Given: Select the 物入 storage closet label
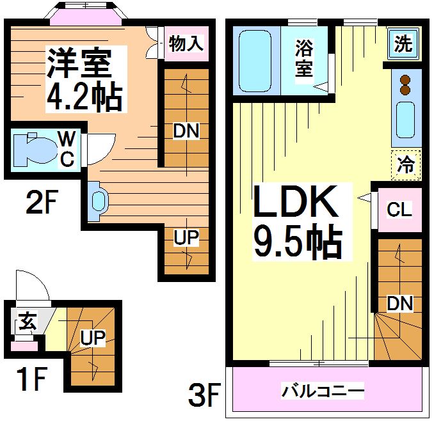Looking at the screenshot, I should [x=186, y=43].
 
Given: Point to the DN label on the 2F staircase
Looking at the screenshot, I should [x=186, y=131].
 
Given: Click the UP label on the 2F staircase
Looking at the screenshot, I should [x=186, y=237].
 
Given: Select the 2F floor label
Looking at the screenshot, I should [x=42, y=205].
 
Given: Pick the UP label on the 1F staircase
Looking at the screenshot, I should [x=92, y=338].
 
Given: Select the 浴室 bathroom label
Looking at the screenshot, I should [x=304, y=58].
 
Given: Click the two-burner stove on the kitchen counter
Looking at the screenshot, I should [x=405, y=86].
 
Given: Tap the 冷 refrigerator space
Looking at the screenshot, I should [x=405, y=164].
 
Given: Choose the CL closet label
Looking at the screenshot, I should [x=399, y=210].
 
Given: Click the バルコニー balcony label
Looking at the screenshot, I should [x=323, y=389].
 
